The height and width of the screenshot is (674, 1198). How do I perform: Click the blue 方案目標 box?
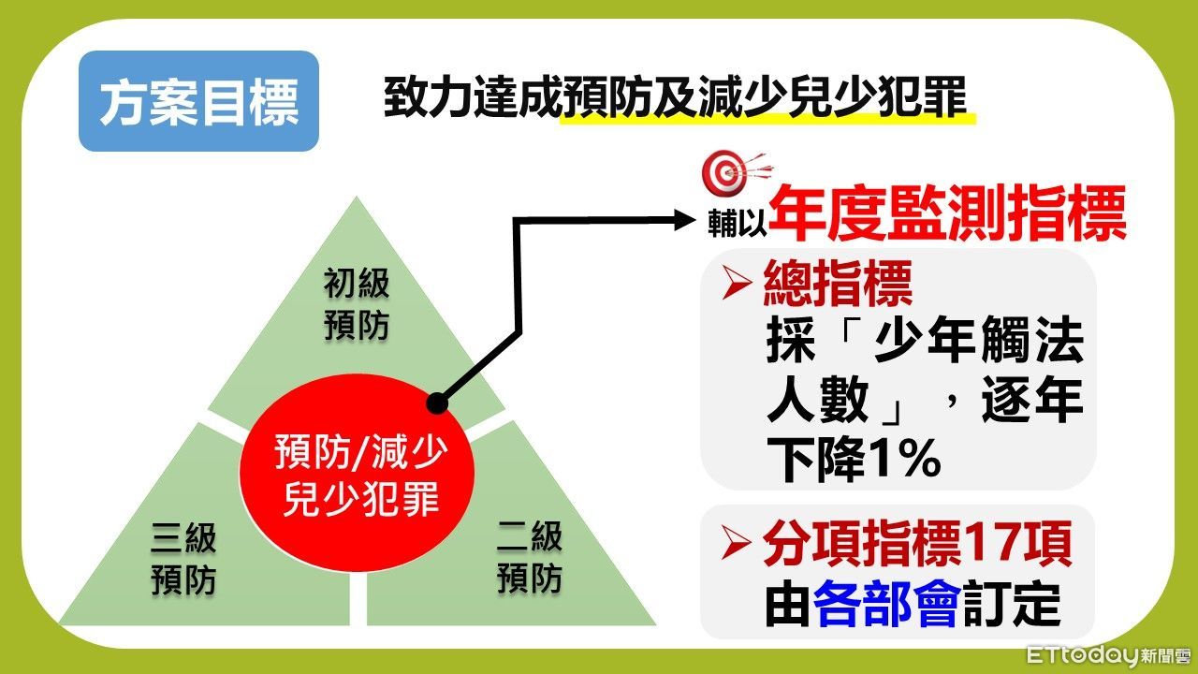coord(198,101)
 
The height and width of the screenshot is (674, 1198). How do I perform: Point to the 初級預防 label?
coord(357,304)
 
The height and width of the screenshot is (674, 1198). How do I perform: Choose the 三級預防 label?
coord(183,559)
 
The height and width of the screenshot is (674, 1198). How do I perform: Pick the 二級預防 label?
coord(530,559)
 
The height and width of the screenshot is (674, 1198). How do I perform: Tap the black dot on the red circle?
coord(436,403)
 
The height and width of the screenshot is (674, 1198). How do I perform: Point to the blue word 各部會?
coord(885,607)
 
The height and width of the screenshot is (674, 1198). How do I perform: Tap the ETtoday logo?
coord(1108,654)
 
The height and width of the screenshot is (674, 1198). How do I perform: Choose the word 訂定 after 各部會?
coord(1012,607)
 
